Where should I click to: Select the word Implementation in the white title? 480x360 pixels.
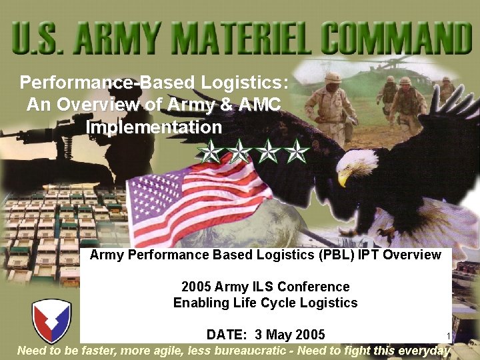pyautogui.click(x=154, y=127)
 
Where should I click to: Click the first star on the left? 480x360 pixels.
pyautogui.click(x=210, y=153)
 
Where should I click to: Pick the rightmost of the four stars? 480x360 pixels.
pyautogui.click(x=297, y=153)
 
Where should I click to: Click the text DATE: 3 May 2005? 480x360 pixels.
pyautogui.click(x=265, y=334)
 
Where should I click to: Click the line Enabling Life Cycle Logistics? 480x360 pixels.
pyautogui.click(x=265, y=303)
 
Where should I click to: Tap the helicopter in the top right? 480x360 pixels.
pyautogui.click(x=400, y=67)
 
